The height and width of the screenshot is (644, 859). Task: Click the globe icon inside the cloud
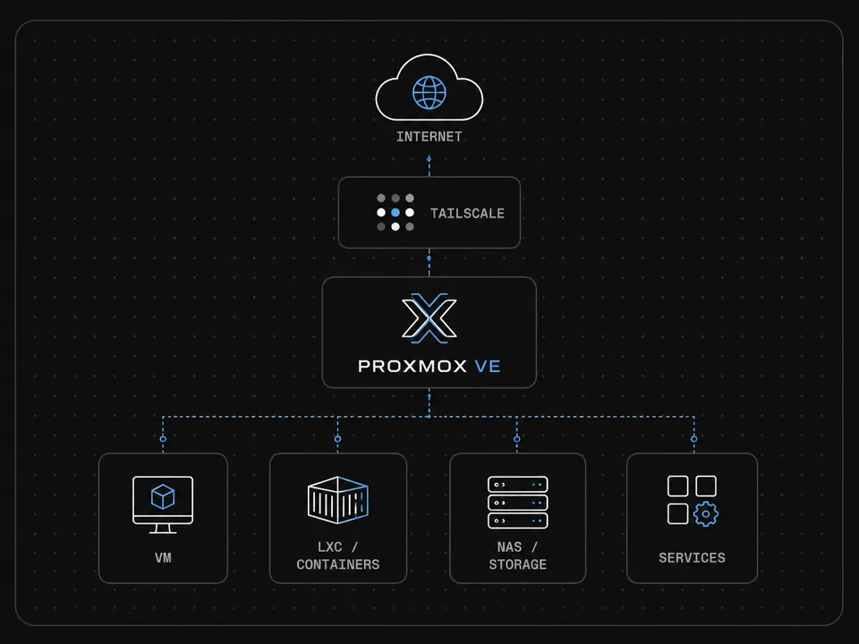[x=429, y=92]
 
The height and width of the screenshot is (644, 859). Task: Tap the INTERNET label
[x=429, y=136]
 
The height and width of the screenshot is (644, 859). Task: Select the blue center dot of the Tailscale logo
[x=395, y=213]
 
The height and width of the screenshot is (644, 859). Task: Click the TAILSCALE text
[x=467, y=213]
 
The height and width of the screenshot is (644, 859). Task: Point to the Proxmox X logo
[x=429, y=318]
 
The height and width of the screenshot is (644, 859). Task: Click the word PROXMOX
[x=412, y=366]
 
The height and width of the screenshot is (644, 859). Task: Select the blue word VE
[x=488, y=366]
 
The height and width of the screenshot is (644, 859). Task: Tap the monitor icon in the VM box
[x=163, y=504]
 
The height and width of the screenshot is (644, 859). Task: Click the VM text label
[x=163, y=557]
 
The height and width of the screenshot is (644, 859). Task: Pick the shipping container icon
[x=338, y=499]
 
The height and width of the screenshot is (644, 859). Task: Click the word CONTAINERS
[x=338, y=564]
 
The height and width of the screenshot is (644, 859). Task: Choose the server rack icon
[x=518, y=502]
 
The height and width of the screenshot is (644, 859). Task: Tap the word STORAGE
[x=518, y=564]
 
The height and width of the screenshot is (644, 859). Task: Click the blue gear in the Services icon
[x=706, y=514]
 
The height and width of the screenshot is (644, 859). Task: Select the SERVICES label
[x=692, y=557]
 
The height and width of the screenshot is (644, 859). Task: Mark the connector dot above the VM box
[x=163, y=438]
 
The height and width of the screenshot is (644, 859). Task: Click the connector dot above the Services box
[x=694, y=438]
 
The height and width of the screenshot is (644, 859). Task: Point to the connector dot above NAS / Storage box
[x=516, y=438]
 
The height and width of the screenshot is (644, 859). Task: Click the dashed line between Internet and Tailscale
[x=429, y=167]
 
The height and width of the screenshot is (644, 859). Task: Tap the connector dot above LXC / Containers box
[x=337, y=438]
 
